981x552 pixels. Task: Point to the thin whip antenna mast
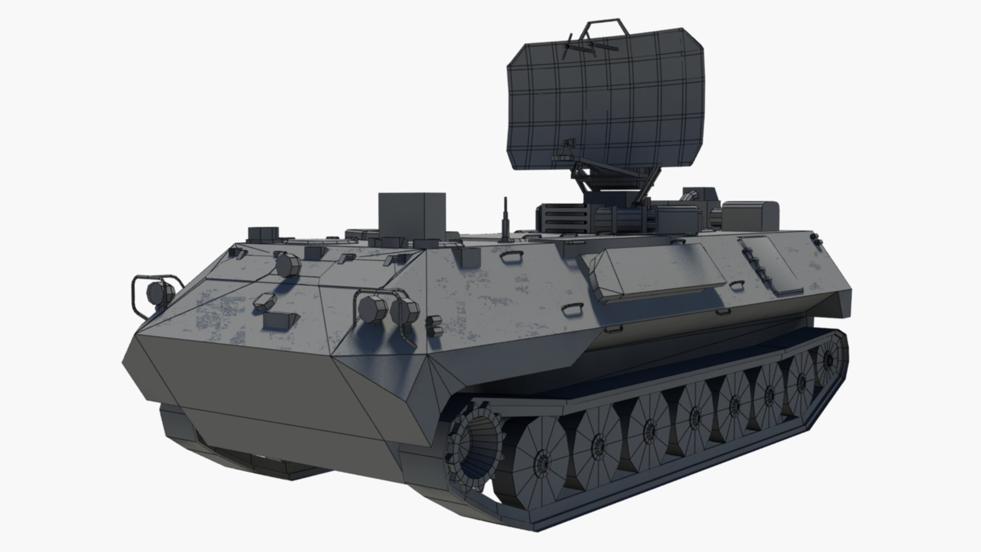[505, 220]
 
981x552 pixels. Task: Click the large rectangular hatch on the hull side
[659, 273]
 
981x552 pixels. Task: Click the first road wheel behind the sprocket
[542, 455]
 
